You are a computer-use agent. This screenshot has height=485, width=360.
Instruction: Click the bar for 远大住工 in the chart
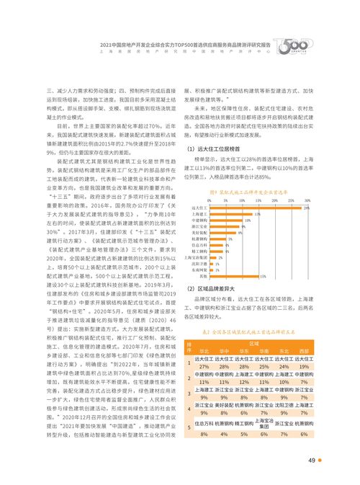(259, 208)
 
